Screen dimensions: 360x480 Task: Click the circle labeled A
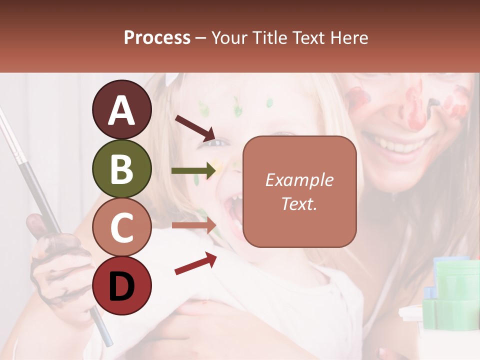[x=122, y=110]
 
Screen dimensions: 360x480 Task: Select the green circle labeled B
[x=122, y=168]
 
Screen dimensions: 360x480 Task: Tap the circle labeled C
[x=122, y=227]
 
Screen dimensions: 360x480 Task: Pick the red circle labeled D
[x=122, y=285]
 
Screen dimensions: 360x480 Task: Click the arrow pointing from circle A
[x=194, y=128]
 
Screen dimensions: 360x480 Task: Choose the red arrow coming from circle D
[x=195, y=263]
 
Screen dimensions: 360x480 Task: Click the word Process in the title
[x=157, y=37]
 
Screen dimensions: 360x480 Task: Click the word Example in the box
[x=299, y=180]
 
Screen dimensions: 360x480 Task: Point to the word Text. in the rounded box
[x=299, y=203]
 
